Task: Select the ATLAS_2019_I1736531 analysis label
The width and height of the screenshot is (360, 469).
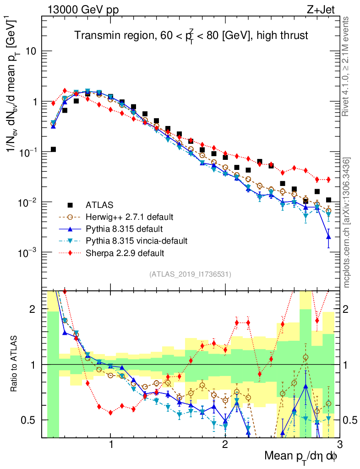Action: coord(190,275)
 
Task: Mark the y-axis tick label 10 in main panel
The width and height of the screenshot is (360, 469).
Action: coord(31,51)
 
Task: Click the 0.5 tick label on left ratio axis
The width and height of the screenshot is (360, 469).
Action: coord(30,420)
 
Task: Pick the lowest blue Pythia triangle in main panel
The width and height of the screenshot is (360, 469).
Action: coord(328,237)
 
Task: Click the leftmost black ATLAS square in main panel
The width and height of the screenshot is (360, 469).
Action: coord(53,149)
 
